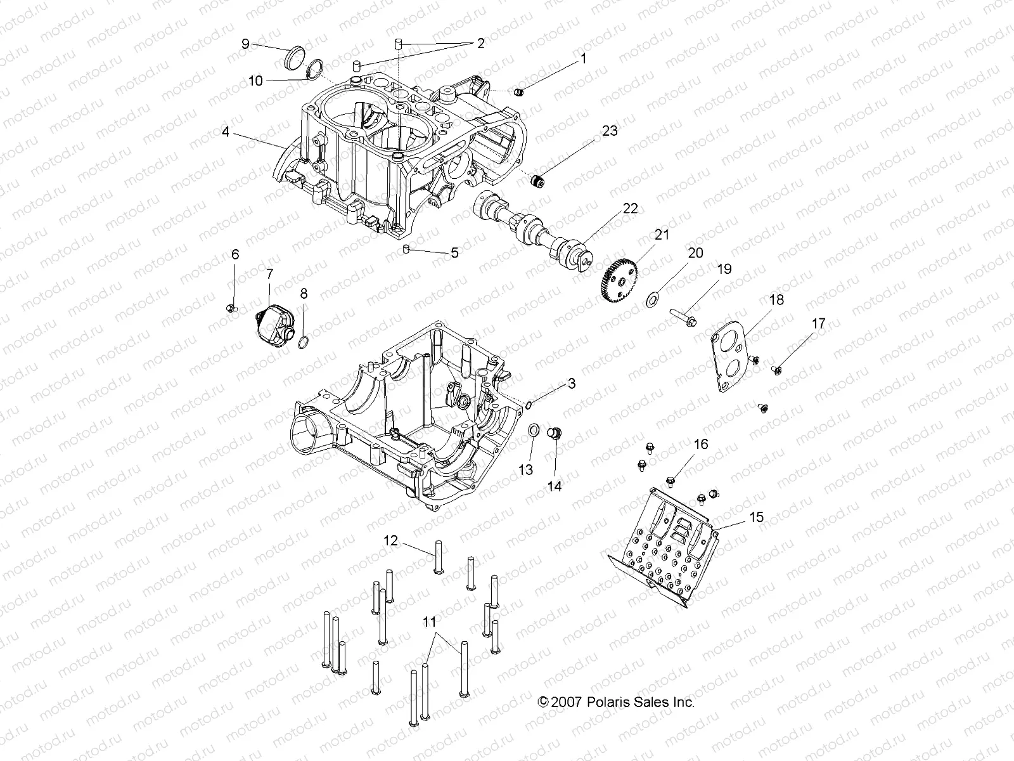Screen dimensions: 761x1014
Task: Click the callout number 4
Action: pyautogui.click(x=225, y=133)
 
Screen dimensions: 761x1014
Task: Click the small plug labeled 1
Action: pyautogui.click(x=519, y=93)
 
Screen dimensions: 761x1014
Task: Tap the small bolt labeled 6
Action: pyautogui.click(x=231, y=308)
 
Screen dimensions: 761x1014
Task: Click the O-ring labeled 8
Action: pyautogui.click(x=304, y=343)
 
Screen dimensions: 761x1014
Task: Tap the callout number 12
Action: pyautogui.click(x=390, y=540)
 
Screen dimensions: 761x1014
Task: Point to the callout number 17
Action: pyautogui.click(x=818, y=323)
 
